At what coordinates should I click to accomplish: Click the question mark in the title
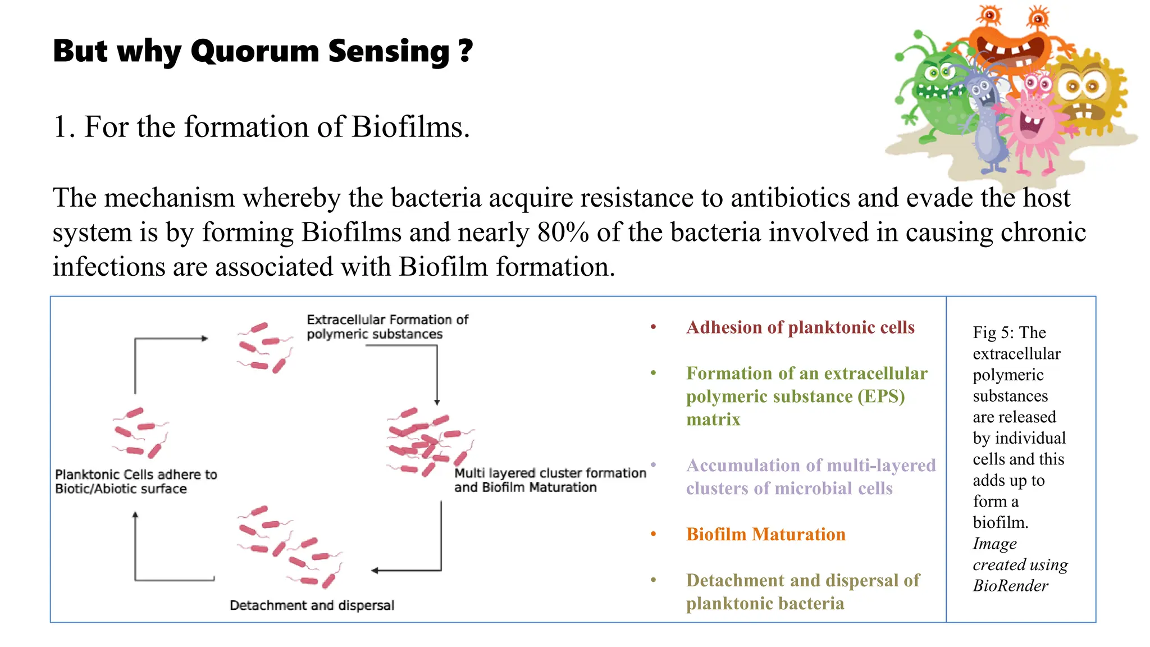[x=466, y=52]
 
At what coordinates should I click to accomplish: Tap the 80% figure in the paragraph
[x=563, y=233]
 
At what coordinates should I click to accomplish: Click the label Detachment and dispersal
[x=312, y=605]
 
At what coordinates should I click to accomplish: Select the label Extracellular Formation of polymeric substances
[x=387, y=327]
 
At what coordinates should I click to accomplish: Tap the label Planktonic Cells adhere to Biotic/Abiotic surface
[x=135, y=482]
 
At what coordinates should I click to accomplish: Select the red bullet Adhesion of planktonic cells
[x=800, y=327]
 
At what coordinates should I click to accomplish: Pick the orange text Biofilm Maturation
[x=765, y=534]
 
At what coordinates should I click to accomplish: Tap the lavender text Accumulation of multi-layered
[x=810, y=466]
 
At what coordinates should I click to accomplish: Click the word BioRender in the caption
[x=1010, y=586]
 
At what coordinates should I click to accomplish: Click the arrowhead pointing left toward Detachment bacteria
[x=375, y=571]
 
